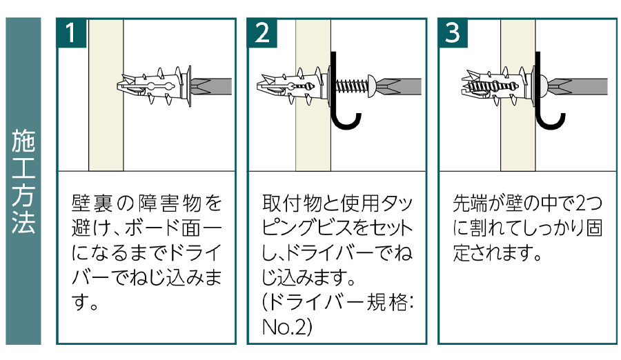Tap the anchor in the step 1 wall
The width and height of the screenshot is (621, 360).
(x=155, y=86)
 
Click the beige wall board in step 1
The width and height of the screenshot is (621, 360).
(x=106, y=138)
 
